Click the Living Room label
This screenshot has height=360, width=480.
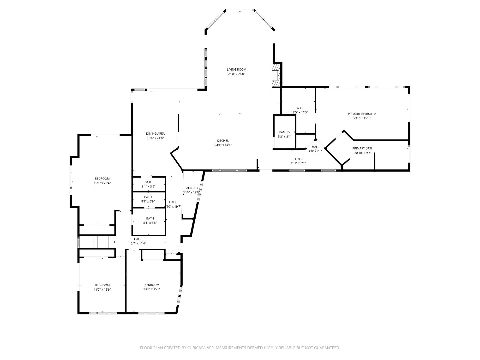coord(236,70)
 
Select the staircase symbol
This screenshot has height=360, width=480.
coord(98,242)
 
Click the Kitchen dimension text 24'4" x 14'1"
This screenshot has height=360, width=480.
coord(223,145)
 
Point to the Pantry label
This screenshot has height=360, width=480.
coord(285,132)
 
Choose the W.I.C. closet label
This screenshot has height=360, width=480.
coord(300,108)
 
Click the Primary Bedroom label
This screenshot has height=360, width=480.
coord(362,114)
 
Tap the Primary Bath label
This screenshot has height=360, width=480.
coord(363,148)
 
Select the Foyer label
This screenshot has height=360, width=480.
coord(298,159)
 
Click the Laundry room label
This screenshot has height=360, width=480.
coord(191,188)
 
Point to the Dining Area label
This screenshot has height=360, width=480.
coord(155,134)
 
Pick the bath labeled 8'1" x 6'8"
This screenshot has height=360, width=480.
coord(150,223)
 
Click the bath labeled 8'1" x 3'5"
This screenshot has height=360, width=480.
coord(149,187)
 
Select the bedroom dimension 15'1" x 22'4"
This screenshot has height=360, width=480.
coord(102,183)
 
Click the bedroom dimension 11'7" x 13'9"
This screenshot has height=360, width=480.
coord(102,290)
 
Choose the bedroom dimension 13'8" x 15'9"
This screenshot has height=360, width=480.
coord(152,289)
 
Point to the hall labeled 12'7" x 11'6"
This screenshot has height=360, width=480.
coord(138,243)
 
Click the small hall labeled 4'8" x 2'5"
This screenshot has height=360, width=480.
coord(315,151)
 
